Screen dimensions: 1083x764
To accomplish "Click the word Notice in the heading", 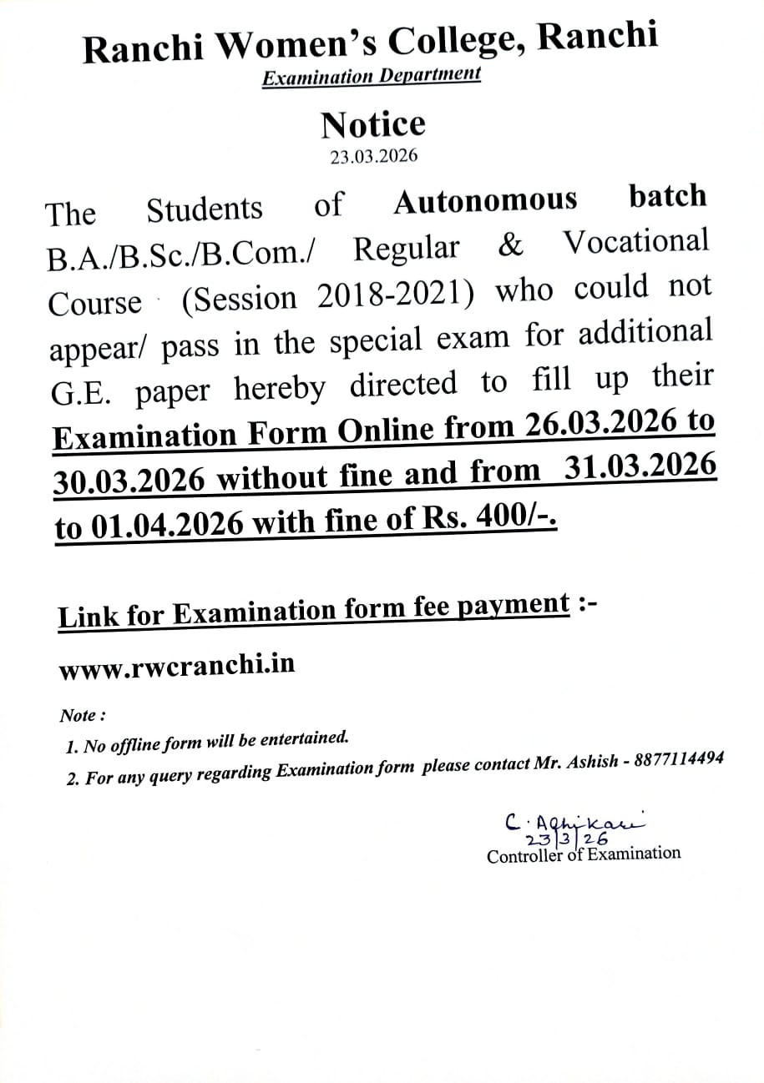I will click(x=373, y=124).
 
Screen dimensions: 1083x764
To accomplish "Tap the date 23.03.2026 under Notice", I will click(x=373, y=156).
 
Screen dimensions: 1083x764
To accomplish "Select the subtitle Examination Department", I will click(x=372, y=76).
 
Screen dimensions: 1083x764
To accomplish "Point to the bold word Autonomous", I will click(x=485, y=201).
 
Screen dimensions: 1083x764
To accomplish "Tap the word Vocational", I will click(x=635, y=242).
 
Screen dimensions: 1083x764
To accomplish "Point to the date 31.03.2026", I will click(x=640, y=467).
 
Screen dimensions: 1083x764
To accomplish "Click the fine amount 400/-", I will click(x=515, y=519).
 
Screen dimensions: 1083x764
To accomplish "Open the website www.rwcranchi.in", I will click(x=176, y=668).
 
